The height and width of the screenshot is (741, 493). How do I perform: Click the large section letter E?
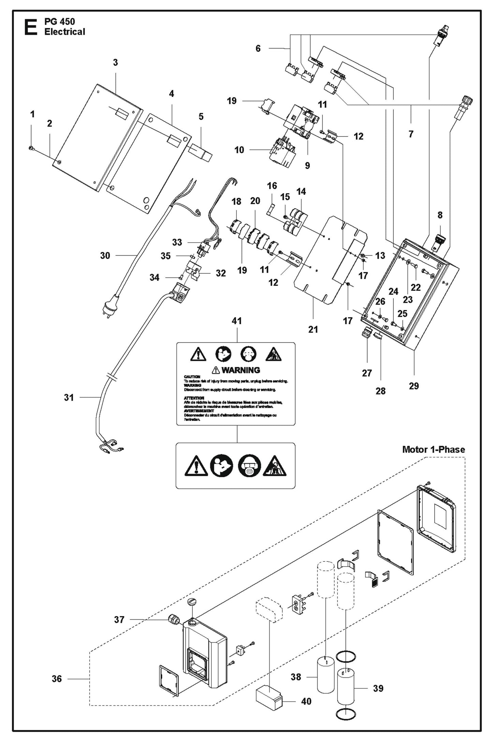tap(31, 27)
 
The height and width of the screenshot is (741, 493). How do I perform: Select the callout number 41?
tap(237, 321)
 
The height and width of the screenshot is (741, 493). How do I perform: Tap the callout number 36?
tap(57, 679)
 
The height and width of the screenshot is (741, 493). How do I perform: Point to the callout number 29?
tap(414, 386)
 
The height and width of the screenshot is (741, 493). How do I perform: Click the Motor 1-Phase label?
tap(433, 450)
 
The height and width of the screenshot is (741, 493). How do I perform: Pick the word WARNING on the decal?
tap(241, 370)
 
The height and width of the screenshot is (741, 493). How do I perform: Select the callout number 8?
tap(440, 215)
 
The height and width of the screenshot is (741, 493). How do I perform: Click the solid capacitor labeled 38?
tap(326, 675)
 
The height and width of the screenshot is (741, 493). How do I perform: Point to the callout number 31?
tap(69, 397)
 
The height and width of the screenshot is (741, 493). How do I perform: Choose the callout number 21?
tap(313, 329)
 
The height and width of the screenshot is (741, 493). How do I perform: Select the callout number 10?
tap(239, 150)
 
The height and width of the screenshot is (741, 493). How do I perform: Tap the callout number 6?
tap(258, 48)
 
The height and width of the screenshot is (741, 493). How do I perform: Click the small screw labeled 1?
tap(30, 148)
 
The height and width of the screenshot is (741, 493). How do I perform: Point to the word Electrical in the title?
tap(65, 32)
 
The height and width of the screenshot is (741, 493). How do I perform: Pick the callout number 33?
tap(177, 242)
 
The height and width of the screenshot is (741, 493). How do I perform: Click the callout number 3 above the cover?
tap(115, 62)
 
